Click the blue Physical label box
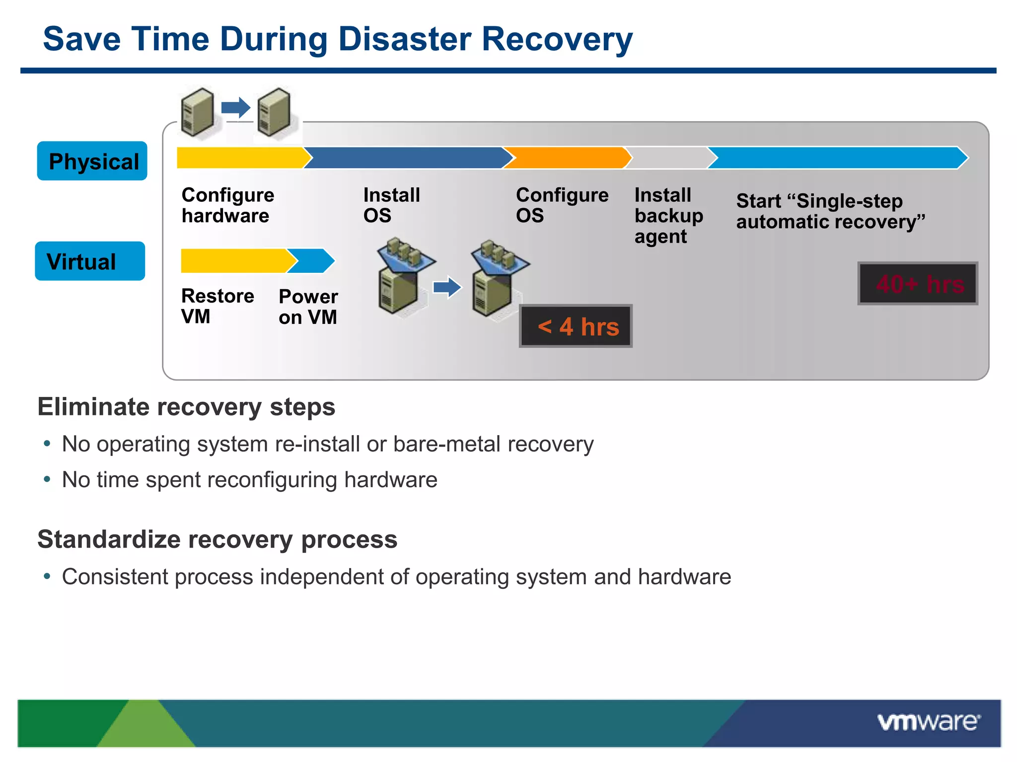click(x=92, y=161)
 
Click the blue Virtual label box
click(x=90, y=261)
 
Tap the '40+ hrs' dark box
click(x=918, y=284)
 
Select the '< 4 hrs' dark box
click(x=576, y=326)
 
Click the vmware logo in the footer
click(x=928, y=722)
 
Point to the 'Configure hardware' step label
click(x=227, y=205)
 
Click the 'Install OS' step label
click(x=391, y=205)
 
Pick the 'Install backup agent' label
click(x=668, y=216)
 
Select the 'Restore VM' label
click(x=217, y=306)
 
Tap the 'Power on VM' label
click(x=308, y=307)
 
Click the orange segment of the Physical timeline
click(x=566, y=158)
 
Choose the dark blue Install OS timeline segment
click(x=407, y=158)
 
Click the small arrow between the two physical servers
click(x=235, y=107)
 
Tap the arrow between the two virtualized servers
click(x=447, y=287)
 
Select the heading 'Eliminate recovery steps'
click(x=186, y=407)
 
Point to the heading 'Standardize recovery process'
click(x=217, y=539)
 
